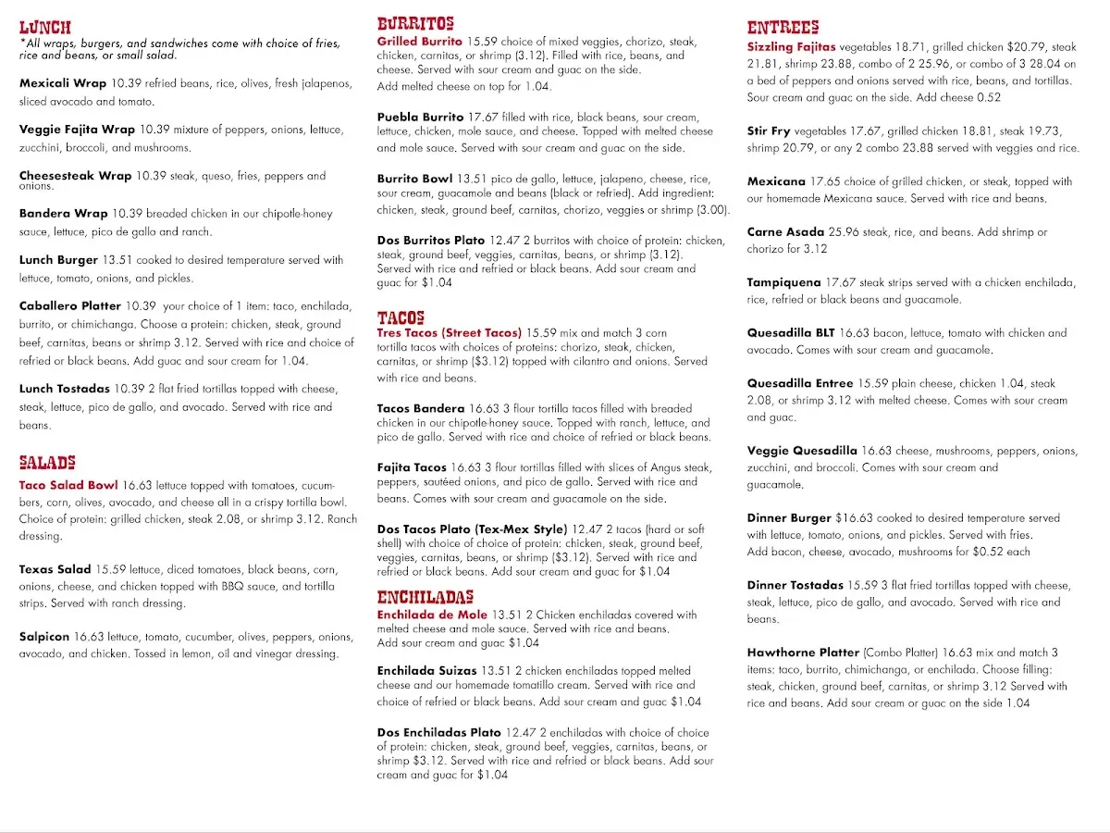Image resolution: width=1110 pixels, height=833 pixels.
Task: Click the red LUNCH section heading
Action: tap(44, 28)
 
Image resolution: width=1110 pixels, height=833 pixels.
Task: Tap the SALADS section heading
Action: tap(47, 462)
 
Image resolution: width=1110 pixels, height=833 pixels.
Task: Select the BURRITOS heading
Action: tap(415, 24)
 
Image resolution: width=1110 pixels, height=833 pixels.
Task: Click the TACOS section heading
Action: tap(401, 317)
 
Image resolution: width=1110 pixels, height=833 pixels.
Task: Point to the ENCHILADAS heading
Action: tap(425, 597)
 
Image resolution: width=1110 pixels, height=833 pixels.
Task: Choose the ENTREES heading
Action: tap(783, 28)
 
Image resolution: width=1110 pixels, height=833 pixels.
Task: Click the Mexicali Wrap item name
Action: tap(63, 83)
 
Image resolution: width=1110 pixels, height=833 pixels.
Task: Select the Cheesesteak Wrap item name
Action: tap(75, 176)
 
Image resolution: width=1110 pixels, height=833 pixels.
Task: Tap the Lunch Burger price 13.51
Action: tap(118, 260)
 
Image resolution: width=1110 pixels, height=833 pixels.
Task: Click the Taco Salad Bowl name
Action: tap(68, 485)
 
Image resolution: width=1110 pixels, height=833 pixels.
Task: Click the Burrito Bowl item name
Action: tap(414, 179)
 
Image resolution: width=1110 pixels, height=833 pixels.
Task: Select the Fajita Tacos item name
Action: tap(412, 468)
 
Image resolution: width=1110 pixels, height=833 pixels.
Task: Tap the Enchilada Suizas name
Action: tap(426, 671)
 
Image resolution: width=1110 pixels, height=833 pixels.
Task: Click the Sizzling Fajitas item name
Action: tap(791, 47)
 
